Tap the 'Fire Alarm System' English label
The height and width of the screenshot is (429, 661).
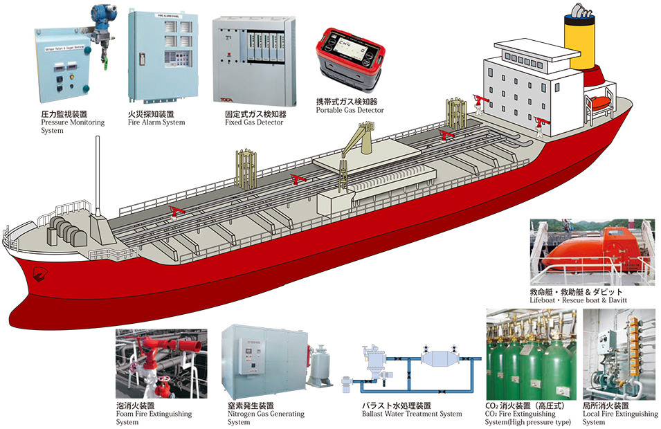[157, 122]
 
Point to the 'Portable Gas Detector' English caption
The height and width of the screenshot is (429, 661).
[350, 110]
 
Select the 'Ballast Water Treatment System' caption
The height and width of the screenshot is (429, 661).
[412, 414]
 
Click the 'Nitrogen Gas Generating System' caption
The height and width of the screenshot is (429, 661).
[266, 417]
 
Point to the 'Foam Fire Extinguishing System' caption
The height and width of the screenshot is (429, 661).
[154, 417]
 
